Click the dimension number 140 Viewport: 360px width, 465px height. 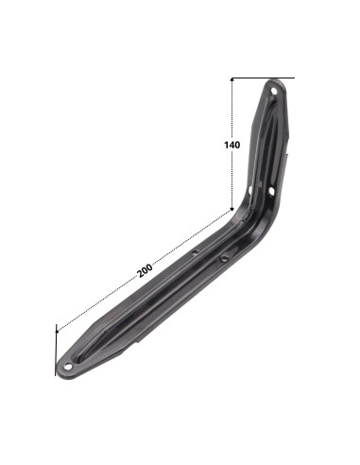pos(232,145)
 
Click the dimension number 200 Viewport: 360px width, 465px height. pos(145,270)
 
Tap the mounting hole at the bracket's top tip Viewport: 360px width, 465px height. pos(274,91)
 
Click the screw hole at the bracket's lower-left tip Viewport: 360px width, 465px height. pos(68,367)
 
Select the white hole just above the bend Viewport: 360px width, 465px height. pos(271,191)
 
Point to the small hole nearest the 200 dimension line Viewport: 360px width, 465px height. pos(196,251)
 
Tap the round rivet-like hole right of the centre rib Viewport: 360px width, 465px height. pos(224,259)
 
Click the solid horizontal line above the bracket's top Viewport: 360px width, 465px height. pos(263,77)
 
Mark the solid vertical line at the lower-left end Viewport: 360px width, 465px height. pos(56,350)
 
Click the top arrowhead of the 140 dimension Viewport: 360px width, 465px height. pos(232,79)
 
